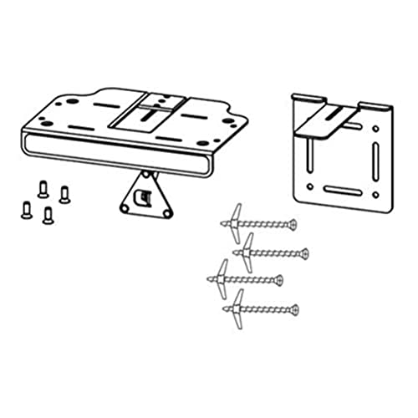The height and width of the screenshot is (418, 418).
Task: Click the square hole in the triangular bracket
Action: click(145, 196)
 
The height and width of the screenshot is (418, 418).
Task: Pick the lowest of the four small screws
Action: click(48, 214)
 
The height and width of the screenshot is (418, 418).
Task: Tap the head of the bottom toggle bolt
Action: click(295, 309)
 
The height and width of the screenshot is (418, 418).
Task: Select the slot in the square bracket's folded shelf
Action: click(334, 114)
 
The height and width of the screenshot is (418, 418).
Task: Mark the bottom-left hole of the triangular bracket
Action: click(128, 210)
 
